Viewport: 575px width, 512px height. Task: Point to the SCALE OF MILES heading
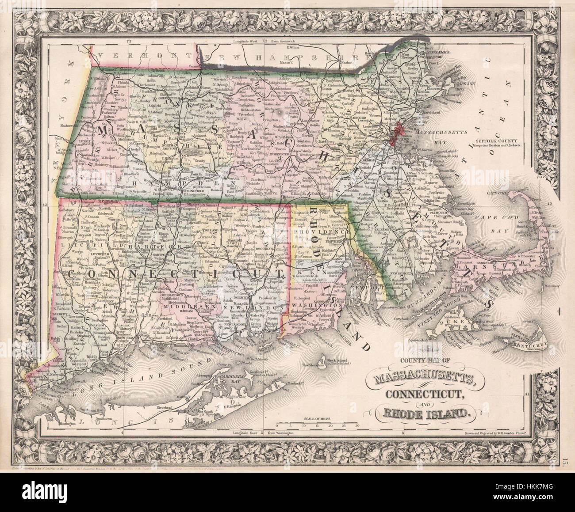pos(318,417)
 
